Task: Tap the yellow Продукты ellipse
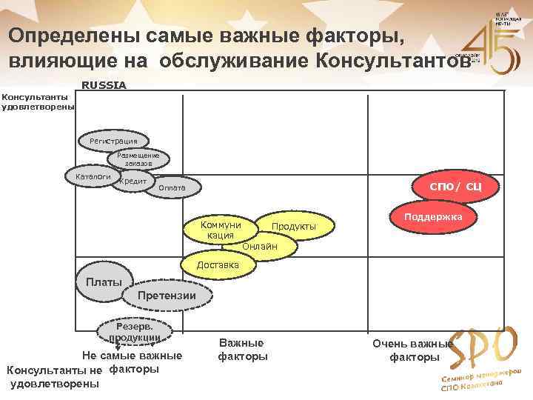[x=294, y=225]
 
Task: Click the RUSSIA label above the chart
[x=104, y=85]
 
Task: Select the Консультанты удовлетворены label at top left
[x=37, y=101]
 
